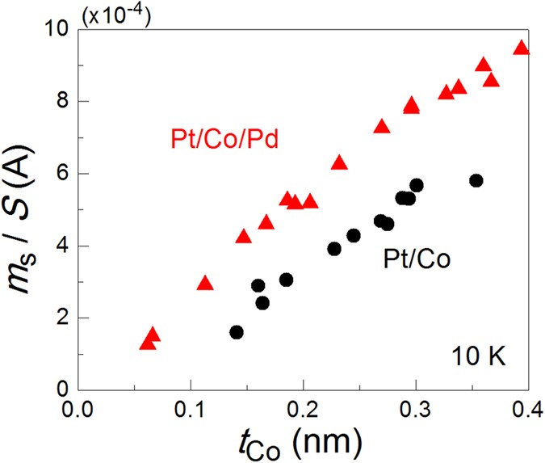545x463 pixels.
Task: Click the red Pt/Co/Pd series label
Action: (x=225, y=139)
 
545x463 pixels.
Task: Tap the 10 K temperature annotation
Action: (x=478, y=355)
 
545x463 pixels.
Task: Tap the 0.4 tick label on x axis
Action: (x=529, y=405)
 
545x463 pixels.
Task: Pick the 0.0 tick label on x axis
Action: (x=78, y=405)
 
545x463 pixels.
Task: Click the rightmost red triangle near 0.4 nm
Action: (x=522, y=48)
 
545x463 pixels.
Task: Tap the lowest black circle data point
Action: (x=237, y=332)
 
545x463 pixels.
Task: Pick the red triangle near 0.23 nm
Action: (x=339, y=163)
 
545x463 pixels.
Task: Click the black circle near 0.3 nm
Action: (x=417, y=186)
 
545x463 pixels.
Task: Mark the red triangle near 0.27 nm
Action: (x=382, y=127)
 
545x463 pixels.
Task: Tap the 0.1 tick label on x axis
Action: (x=191, y=405)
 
